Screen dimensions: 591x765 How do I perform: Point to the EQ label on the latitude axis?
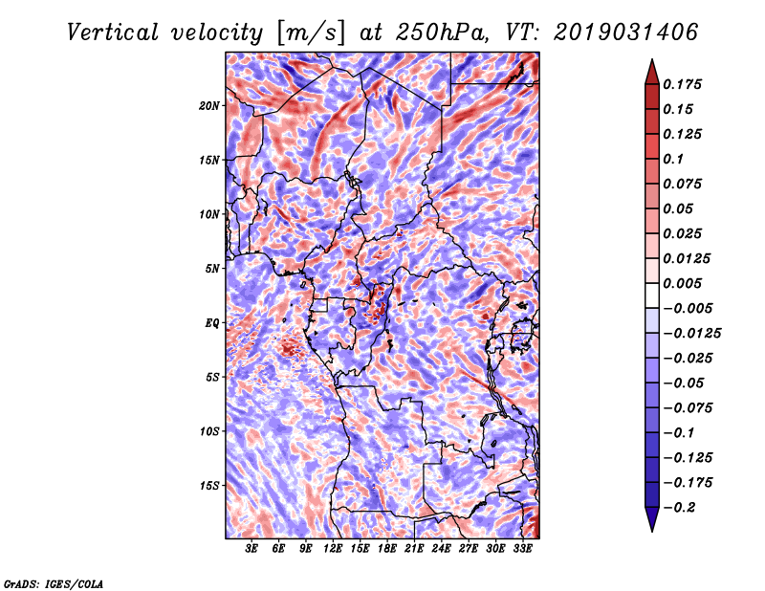click(x=212, y=322)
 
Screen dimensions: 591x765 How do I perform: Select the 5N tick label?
click(x=213, y=269)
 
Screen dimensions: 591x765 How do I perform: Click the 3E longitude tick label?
click(x=252, y=549)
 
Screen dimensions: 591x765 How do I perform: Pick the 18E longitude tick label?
click(x=387, y=549)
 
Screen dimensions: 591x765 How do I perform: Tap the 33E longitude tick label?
click(x=522, y=549)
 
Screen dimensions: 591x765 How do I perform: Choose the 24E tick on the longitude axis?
click(x=442, y=549)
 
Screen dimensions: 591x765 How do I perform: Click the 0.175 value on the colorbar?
click(x=685, y=84)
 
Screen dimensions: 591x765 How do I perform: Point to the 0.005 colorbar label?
click(x=685, y=283)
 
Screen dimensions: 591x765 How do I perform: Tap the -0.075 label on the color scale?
click(x=688, y=407)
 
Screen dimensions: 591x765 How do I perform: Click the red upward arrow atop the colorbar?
click(x=651, y=70)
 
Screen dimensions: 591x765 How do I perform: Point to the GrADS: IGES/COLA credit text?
click(x=53, y=581)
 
